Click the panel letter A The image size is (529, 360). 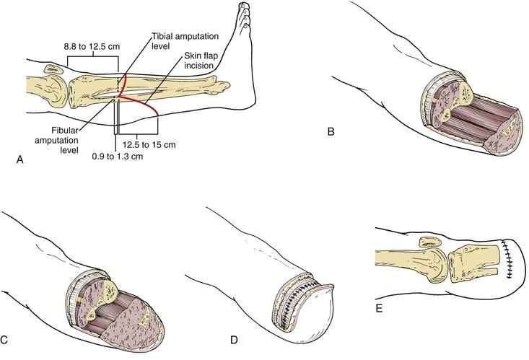coord(19,164)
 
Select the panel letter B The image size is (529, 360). coord(331,132)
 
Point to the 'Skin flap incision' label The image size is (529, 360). coord(192,69)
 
